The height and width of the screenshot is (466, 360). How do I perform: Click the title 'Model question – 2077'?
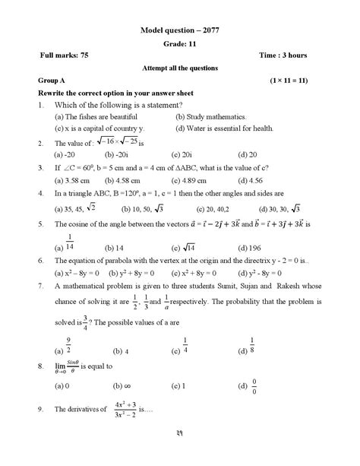click(x=180, y=30)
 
